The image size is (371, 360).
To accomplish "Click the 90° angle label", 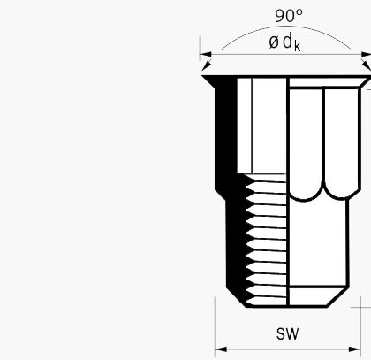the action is coord(289,16).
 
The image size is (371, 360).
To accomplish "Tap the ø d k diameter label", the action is coord(284,42).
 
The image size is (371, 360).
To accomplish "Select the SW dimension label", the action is coord(287,333).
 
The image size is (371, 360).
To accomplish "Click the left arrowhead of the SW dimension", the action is coord(221,349).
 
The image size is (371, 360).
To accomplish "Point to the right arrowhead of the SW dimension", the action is coord(354,349).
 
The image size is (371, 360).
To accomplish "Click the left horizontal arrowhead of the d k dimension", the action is coord(206,54).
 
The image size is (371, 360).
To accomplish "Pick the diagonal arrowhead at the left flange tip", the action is coord(207,65).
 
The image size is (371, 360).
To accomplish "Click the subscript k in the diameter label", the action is coord(297,47).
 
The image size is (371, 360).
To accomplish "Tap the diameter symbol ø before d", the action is coord(273,42).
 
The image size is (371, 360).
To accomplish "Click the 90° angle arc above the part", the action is coord(286,27).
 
